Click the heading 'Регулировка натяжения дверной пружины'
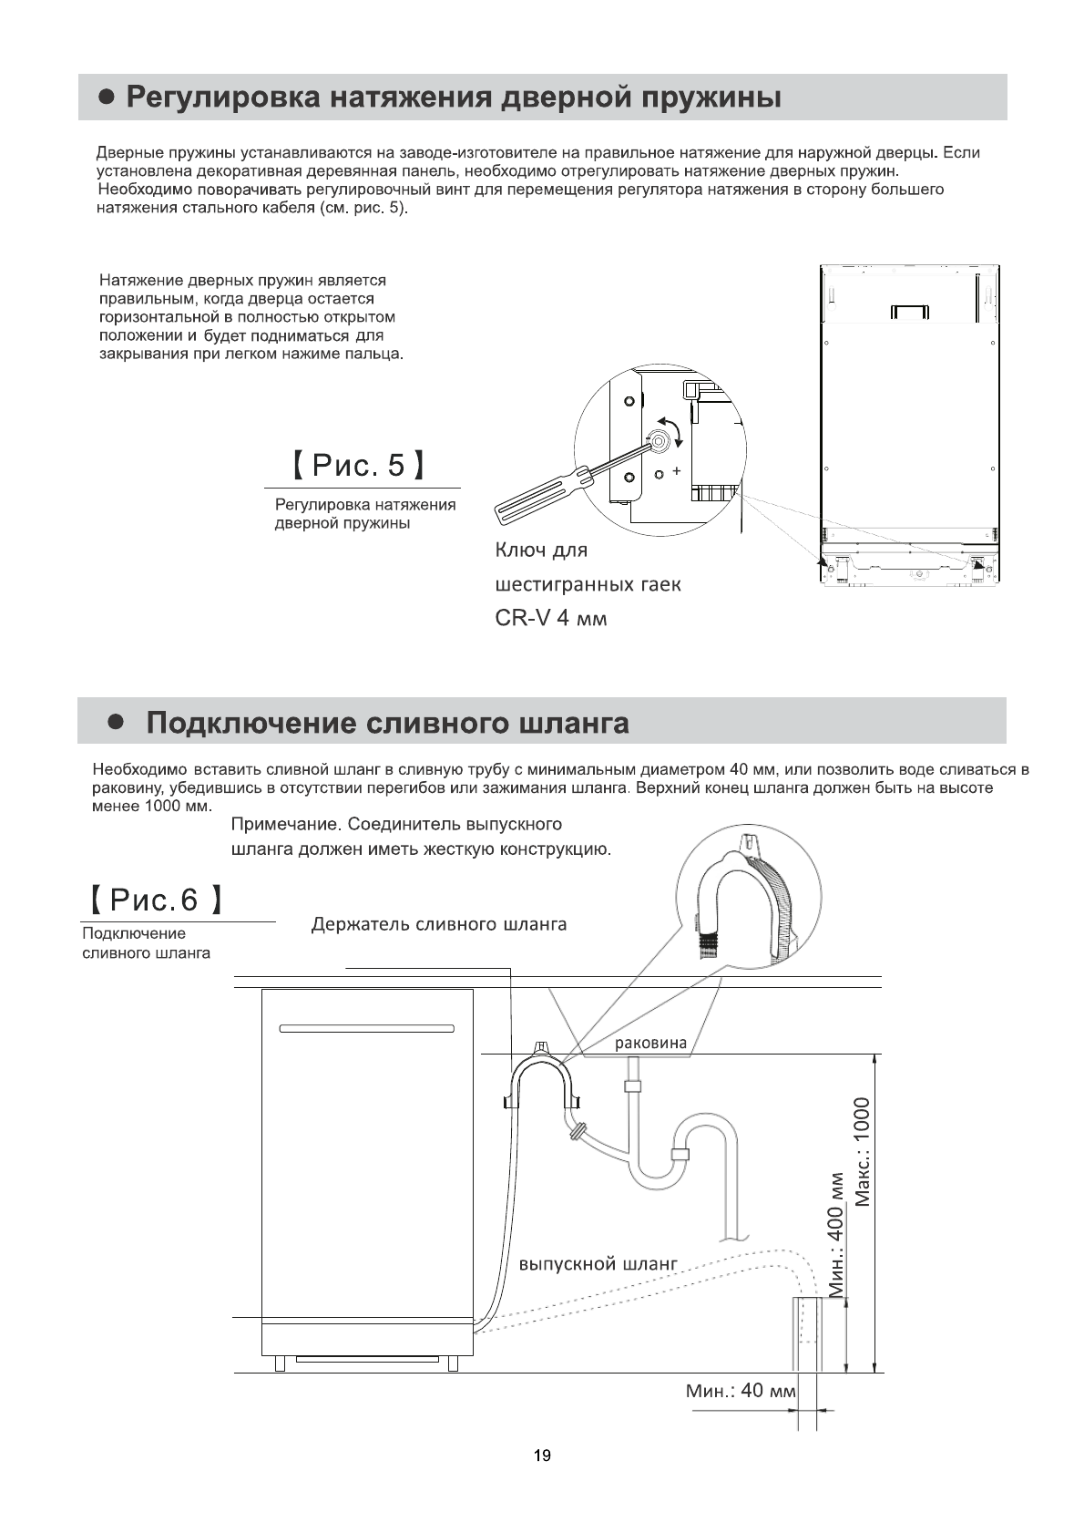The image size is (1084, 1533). coord(453,98)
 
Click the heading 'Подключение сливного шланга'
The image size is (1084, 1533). coord(387,723)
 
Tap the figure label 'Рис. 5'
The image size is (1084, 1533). coord(358,466)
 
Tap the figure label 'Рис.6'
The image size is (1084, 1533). coord(153,900)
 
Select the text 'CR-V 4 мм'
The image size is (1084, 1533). coord(550,618)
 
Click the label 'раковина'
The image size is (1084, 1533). coord(650,1044)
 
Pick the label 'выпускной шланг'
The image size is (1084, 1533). coord(598,1264)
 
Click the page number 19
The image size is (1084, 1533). coord(541,1456)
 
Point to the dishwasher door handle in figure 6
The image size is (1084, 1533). coord(366,1029)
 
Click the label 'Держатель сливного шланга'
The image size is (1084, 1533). coord(439,924)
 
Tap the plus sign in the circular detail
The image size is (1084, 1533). coord(676,470)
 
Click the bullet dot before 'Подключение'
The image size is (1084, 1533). coord(115,722)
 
